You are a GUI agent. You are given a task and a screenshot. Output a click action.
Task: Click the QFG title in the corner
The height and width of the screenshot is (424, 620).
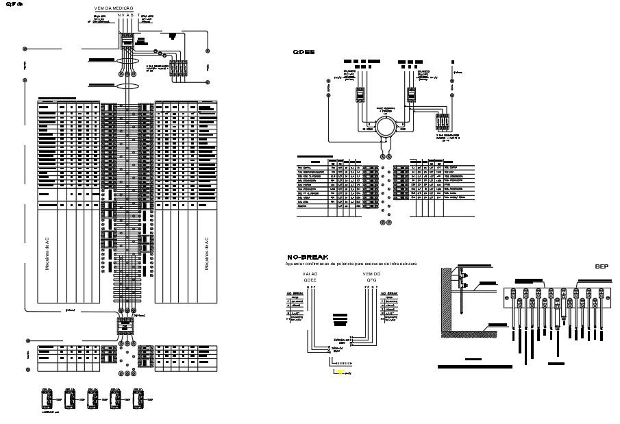click(14, 4)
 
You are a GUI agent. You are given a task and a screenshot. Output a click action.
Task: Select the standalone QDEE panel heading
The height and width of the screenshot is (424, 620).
click(303, 52)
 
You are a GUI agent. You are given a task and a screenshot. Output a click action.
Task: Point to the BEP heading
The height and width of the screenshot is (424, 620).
click(602, 266)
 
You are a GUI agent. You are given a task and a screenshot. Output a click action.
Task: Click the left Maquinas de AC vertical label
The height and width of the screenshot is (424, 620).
click(47, 254)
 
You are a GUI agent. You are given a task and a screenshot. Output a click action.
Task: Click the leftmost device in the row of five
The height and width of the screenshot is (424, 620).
click(47, 397)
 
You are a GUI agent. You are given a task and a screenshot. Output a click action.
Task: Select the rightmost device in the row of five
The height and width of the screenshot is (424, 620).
click(138, 397)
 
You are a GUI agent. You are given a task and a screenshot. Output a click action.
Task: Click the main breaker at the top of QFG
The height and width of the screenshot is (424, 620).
click(127, 43)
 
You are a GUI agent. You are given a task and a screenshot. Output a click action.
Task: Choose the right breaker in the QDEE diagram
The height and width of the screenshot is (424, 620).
click(412, 95)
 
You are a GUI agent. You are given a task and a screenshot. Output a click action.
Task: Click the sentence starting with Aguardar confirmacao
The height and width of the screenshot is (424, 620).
click(351, 264)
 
